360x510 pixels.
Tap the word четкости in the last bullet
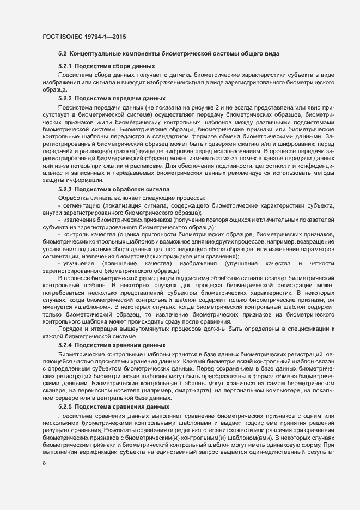325,263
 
